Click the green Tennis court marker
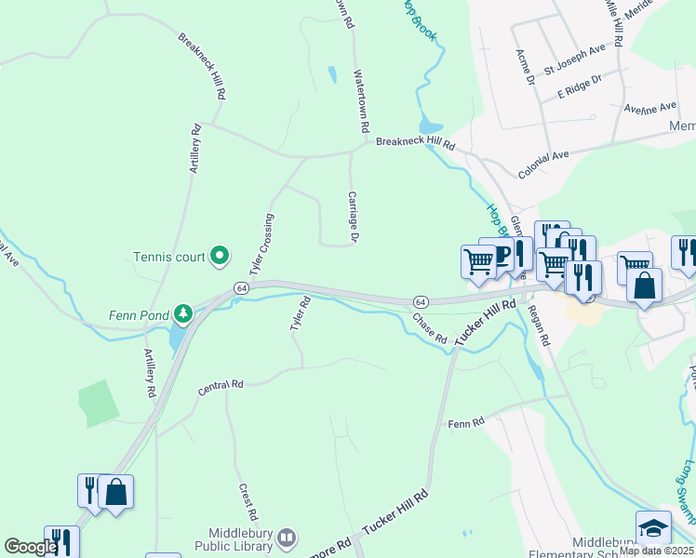click(x=220, y=254)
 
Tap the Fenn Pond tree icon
click(x=184, y=312)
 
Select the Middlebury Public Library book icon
click(x=288, y=537)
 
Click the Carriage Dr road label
click(x=354, y=217)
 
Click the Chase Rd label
click(x=430, y=328)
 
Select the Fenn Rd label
click(x=466, y=423)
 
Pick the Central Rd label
click(x=221, y=388)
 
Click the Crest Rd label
click(x=248, y=501)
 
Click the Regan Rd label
click(x=539, y=326)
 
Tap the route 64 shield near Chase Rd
click(x=421, y=302)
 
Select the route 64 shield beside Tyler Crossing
click(x=241, y=289)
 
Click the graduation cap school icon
click(x=653, y=527)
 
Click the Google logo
click(x=31, y=548)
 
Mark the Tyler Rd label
click(x=298, y=313)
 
